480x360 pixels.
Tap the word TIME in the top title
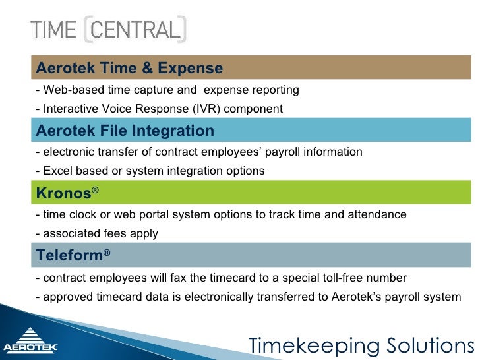(54, 30)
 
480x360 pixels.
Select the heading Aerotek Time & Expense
(129, 68)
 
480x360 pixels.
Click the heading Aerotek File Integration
(125, 131)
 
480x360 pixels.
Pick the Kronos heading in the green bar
(63, 193)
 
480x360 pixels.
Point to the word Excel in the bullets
(57, 171)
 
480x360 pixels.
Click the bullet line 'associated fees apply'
(97, 234)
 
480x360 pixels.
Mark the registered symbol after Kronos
(95, 190)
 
